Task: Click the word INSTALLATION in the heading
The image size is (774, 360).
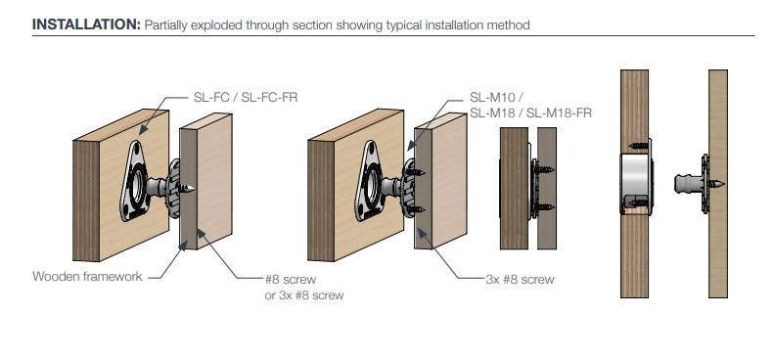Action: tap(86, 24)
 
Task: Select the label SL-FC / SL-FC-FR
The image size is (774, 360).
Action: tap(246, 97)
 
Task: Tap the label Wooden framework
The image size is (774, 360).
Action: tap(87, 276)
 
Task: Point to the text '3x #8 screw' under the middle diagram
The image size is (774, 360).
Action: tap(520, 280)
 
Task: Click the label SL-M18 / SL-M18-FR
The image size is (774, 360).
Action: tap(530, 113)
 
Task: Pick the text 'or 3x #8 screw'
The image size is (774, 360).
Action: tap(304, 295)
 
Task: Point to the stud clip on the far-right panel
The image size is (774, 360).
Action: tap(699, 184)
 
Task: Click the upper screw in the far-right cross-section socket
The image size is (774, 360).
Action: tap(640, 146)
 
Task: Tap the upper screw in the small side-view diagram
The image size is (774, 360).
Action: tap(544, 169)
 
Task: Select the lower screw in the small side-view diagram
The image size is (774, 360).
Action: tap(544, 207)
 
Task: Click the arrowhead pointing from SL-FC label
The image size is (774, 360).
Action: tap(143, 130)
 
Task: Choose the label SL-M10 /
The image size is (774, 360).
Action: tap(496, 97)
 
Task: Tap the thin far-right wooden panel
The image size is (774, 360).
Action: tap(718, 184)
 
